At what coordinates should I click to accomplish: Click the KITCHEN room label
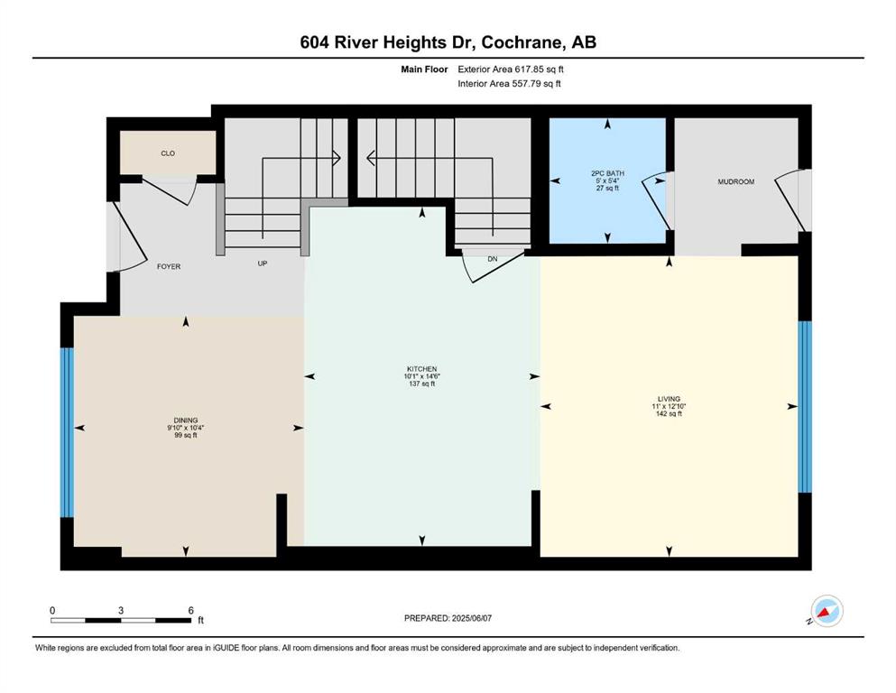point(421,369)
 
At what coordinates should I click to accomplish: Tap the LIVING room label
point(669,399)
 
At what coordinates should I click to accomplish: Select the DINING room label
point(186,420)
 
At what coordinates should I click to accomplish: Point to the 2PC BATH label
point(607,173)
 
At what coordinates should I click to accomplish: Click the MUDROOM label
point(736,181)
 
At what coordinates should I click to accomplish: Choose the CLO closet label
point(168,153)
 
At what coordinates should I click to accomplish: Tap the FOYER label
point(169,266)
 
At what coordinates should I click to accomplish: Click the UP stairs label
point(263,263)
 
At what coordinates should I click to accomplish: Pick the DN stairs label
point(493,259)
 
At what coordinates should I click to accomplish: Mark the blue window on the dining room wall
point(68,432)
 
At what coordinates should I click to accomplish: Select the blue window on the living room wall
point(805,407)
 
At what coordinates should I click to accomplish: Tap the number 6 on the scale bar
point(191,610)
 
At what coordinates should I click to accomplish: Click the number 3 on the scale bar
point(121,610)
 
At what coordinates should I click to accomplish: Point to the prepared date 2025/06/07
point(471,618)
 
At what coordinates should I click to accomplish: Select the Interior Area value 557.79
point(526,83)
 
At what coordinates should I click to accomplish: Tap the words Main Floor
point(424,69)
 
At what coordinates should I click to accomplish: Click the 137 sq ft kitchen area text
point(421,383)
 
